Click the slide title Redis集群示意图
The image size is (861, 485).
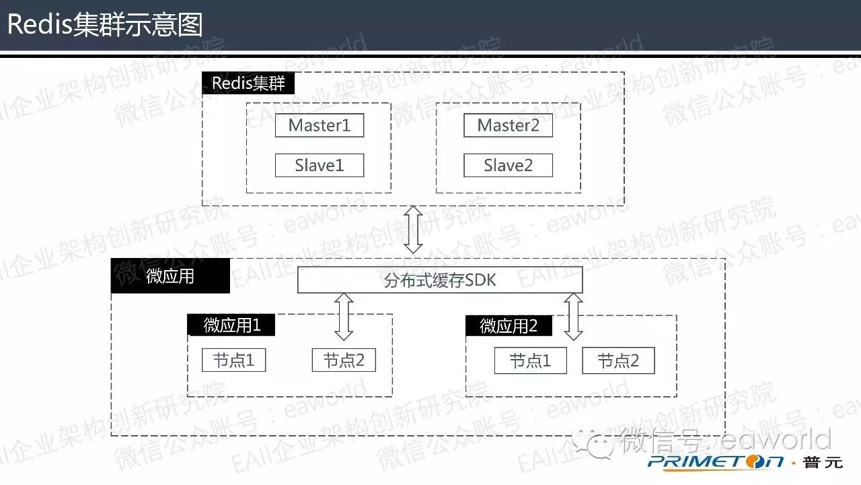click(x=105, y=25)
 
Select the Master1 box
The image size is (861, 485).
click(x=320, y=125)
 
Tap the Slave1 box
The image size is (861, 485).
click(x=320, y=166)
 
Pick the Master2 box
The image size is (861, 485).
click(x=508, y=125)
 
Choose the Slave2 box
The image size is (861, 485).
click(x=508, y=166)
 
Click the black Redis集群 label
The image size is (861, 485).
click(x=248, y=84)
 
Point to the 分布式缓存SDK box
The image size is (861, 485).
click(x=440, y=280)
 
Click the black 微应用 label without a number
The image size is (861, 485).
click(x=170, y=276)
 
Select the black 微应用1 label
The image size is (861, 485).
click(x=231, y=325)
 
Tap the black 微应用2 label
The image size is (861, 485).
click(x=509, y=326)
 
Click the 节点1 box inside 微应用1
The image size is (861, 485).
click(x=233, y=360)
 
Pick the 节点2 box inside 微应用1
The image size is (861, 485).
click(x=344, y=360)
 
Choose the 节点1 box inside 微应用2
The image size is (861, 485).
click(x=530, y=361)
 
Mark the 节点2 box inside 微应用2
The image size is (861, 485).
click(x=618, y=361)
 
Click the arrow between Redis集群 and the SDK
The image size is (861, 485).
click(x=413, y=230)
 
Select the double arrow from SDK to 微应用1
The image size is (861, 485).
click(x=344, y=316)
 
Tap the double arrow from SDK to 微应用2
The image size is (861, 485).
click(x=573, y=316)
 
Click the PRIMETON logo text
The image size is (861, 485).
click(x=716, y=461)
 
